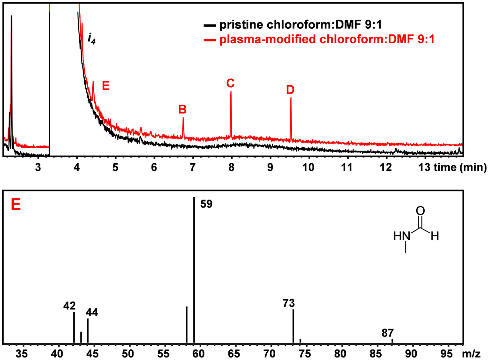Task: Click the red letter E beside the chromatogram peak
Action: (106, 86)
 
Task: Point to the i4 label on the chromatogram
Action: (91, 40)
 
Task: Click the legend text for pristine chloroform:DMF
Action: (300, 25)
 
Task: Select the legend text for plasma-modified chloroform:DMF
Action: (327, 39)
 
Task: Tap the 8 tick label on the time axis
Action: (231, 167)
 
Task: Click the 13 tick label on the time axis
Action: (424, 167)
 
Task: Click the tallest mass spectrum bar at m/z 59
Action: (194, 271)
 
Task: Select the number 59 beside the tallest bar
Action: (206, 204)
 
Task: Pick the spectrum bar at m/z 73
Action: (293, 326)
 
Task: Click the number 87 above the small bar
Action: (387, 333)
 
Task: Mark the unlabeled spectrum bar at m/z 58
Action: (186, 325)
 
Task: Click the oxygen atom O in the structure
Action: (420, 211)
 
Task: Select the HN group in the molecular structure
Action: (402, 236)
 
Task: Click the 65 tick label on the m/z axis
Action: (235, 353)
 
